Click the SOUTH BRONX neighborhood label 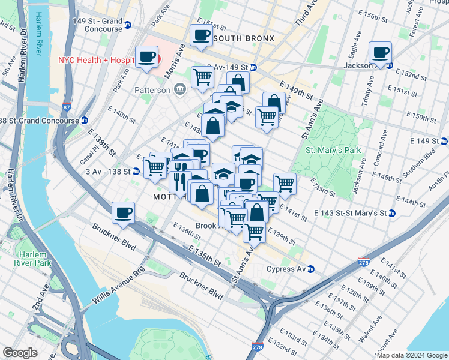click(x=243, y=38)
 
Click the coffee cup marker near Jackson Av click(x=380, y=53)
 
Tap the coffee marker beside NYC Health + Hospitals click(x=147, y=58)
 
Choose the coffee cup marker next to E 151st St click(x=201, y=35)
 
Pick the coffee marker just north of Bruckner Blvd click(x=123, y=212)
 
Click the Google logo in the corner click(x=20, y=353)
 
